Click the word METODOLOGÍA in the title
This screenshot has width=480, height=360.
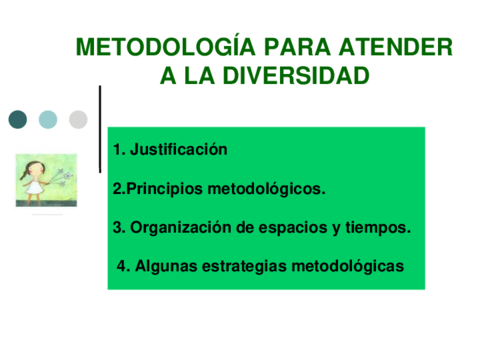coord(149,47)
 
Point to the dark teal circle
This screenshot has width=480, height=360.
coord(18,120)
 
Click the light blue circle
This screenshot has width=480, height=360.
coord(48,120)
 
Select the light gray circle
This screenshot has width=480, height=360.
coord(78,120)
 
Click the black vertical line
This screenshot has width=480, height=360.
coord(100,128)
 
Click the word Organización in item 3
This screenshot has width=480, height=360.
coord(178,227)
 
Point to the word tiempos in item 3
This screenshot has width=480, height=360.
coord(377,227)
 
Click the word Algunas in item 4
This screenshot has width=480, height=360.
coord(162,266)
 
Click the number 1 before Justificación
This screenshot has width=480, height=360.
coord(117,150)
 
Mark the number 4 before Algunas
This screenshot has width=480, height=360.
coord(122,266)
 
